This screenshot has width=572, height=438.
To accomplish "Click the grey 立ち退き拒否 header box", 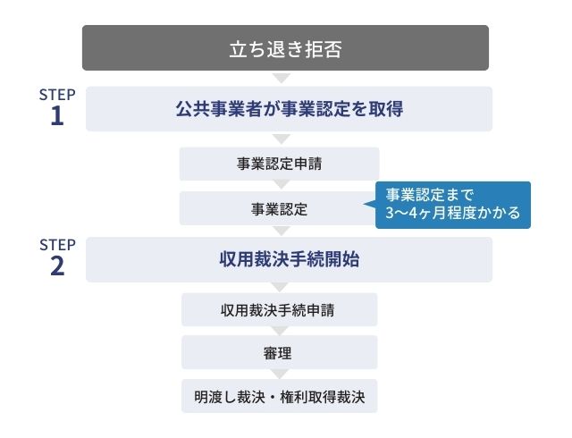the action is pos(285,47).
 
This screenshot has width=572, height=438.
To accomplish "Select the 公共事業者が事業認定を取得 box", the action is pos(289,109).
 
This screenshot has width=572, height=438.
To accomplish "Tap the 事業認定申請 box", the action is pos(279,164).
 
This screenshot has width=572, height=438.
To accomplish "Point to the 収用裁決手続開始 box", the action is pos(289,259).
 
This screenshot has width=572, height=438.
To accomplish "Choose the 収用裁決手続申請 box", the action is pos(279,310).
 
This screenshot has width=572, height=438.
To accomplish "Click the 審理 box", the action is pos(279,352).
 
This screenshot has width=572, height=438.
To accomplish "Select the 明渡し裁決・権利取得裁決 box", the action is pos(279,396).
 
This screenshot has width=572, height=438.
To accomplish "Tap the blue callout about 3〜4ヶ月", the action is pos(453,205).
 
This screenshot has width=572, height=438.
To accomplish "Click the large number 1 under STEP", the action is pos(57,116).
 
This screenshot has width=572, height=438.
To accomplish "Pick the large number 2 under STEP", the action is pos(57,266).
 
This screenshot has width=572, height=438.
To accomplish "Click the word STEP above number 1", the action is pos(57,95).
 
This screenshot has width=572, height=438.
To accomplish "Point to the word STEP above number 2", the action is pos(57,245).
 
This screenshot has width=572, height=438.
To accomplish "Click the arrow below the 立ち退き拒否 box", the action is pos(282,78).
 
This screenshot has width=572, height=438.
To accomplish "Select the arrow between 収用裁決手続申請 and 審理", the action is pos(280,331).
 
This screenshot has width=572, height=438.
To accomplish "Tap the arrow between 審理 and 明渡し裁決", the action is pos(280,374).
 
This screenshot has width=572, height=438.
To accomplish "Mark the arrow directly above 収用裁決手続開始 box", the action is pos(282,231).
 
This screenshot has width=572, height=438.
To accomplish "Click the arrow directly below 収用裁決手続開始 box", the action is pos(280,287).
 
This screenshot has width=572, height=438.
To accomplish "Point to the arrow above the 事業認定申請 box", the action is pos(282,139).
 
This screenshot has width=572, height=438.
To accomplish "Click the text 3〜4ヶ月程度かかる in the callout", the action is pos(453,213).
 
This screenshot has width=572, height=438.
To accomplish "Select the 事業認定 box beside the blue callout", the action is pos(279,208).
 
